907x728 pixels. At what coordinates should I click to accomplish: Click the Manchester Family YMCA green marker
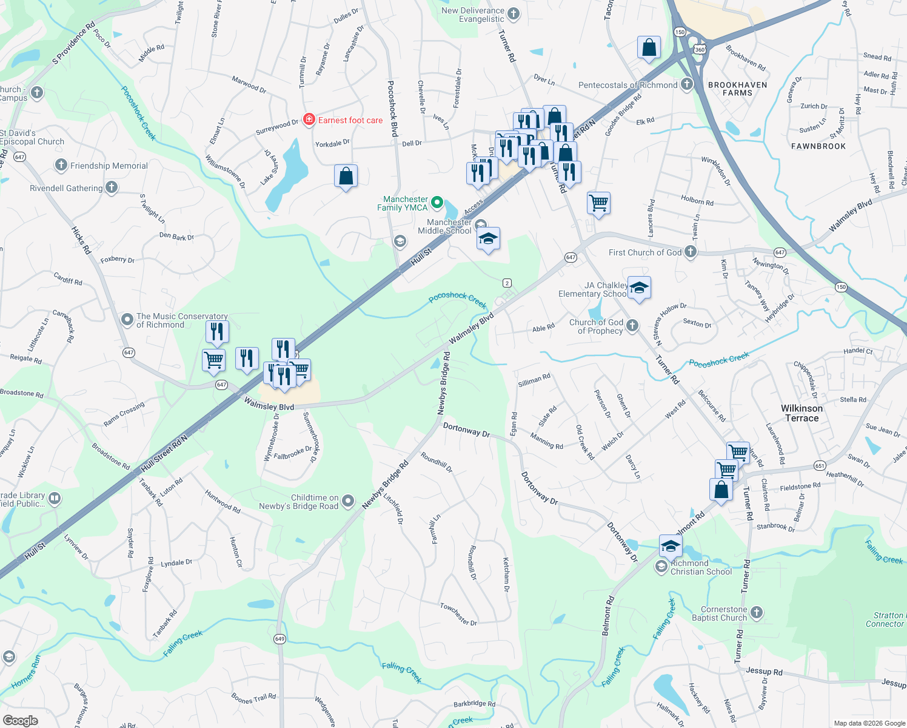pyautogui.click(x=437, y=203)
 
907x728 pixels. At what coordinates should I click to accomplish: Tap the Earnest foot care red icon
pyautogui.click(x=309, y=120)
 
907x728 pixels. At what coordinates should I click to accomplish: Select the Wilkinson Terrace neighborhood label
pyautogui.click(x=802, y=413)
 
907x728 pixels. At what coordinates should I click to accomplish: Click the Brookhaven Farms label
pyautogui.click(x=737, y=89)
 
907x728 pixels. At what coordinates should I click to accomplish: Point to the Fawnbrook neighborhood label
pyautogui.click(x=818, y=146)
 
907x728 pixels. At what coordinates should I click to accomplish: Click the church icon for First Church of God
pyautogui.click(x=691, y=252)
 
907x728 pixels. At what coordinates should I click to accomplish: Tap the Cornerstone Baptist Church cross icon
pyautogui.click(x=757, y=613)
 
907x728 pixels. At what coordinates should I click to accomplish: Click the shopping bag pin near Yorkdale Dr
pyautogui.click(x=346, y=177)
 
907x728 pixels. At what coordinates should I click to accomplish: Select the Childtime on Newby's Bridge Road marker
pyautogui.click(x=348, y=501)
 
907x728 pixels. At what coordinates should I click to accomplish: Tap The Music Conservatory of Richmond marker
pyautogui.click(x=127, y=319)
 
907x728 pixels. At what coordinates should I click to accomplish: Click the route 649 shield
pyautogui.click(x=279, y=639)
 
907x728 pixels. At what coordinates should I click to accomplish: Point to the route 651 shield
pyautogui.click(x=820, y=466)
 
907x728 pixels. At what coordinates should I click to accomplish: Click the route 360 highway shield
pyautogui.click(x=700, y=50)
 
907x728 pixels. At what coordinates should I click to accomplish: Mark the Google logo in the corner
pyautogui.click(x=21, y=721)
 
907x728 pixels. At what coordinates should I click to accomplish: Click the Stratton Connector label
pyautogui.click(x=886, y=619)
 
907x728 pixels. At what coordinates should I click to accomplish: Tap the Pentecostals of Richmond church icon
pyautogui.click(x=687, y=84)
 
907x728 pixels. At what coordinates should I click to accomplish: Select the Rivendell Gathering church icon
pyautogui.click(x=112, y=187)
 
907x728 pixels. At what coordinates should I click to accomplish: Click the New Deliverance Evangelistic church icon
pyautogui.click(x=514, y=14)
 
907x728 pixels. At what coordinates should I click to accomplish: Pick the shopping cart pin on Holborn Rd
pyautogui.click(x=598, y=203)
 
